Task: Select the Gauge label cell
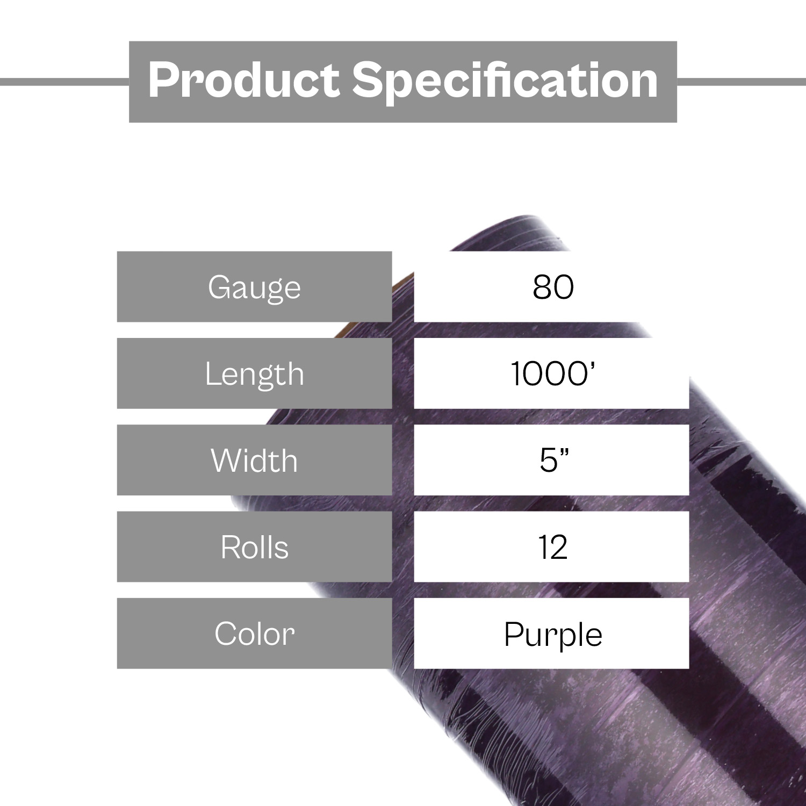pos(255,287)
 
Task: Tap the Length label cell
pos(255,373)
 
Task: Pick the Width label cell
pos(255,460)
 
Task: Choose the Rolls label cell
pos(255,546)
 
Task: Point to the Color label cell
pos(255,633)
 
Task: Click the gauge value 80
pos(553,287)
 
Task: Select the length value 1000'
pos(553,373)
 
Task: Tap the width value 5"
pos(554,460)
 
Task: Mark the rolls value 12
pos(553,547)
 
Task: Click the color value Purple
pos(553,635)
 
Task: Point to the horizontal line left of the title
pos(64,82)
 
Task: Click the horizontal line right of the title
pos(742,82)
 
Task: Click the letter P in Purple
pos(513,634)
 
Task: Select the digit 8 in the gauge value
pos(542,287)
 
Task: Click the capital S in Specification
pos(369,80)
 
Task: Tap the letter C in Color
pos(226,634)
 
